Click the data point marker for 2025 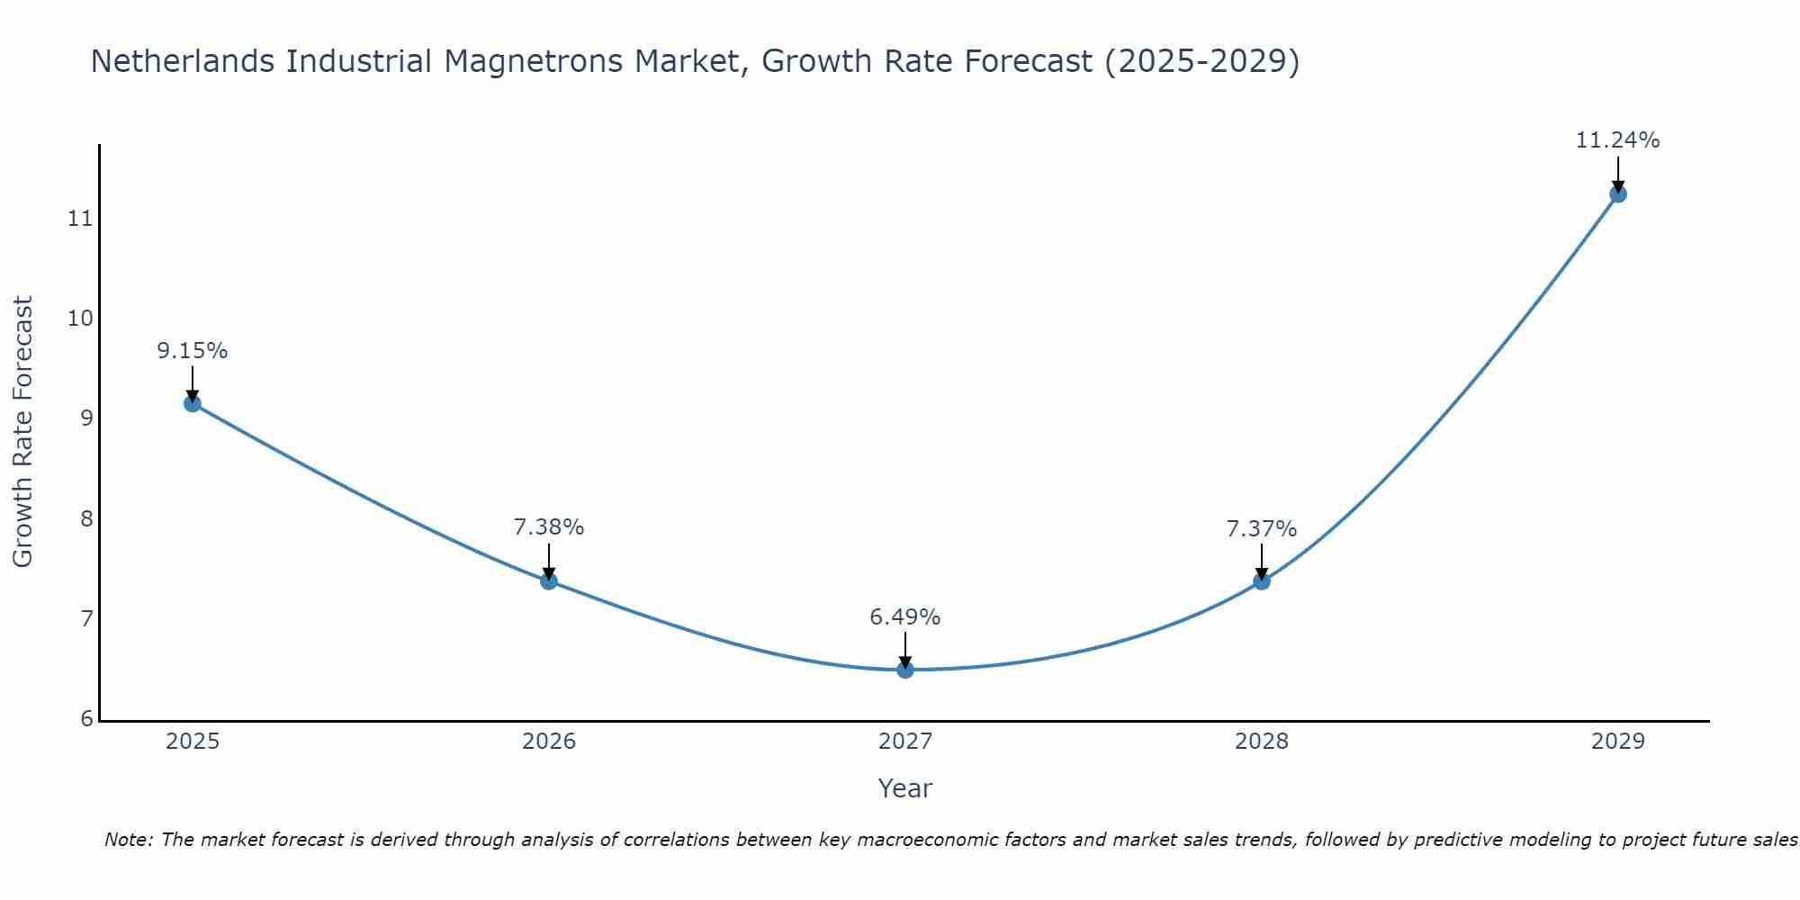tap(193, 403)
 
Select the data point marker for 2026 tap(549, 580)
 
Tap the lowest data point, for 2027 tap(905, 670)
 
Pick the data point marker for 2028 tap(1262, 581)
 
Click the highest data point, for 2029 tap(1617, 193)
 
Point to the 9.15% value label tap(193, 351)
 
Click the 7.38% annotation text tap(549, 527)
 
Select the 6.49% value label tap(905, 617)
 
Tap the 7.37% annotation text tap(1262, 529)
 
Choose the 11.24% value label tap(1617, 140)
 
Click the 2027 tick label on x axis tap(905, 742)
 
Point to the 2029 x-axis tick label tap(1617, 742)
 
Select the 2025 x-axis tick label tap(193, 742)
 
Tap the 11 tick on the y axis tap(81, 219)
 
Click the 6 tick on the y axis tap(86, 718)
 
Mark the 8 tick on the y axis tap(86, 518)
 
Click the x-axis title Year tap(905, 788)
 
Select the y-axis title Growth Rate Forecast tap(23, 432)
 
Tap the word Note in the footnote tap(128, 840)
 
